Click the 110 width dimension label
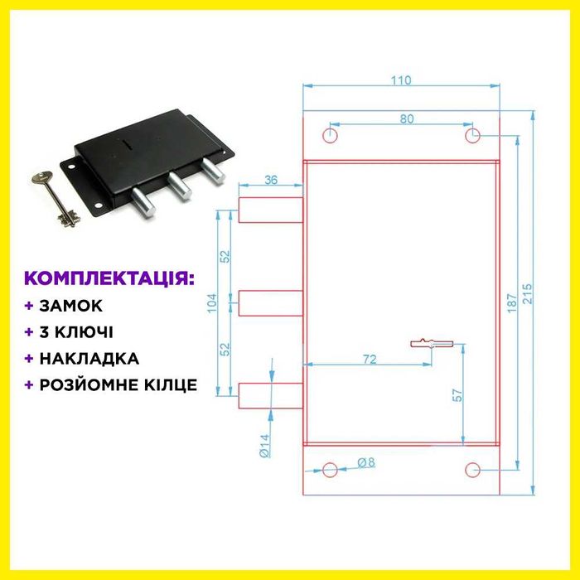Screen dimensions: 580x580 coord(401,80)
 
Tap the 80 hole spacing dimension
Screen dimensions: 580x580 coord(406,118)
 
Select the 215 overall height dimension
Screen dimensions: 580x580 coord(528,294)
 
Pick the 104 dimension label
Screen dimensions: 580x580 coord(211,303)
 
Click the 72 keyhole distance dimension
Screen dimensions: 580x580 coord(370,359)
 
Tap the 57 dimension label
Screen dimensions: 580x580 coord(457,396)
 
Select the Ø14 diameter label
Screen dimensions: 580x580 coord(264,446)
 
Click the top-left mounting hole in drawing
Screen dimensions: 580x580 coord(331,135)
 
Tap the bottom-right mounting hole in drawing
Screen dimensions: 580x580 coord(472,471)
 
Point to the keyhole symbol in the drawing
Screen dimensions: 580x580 coord(432,342)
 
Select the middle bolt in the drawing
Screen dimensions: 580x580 coord(269,302)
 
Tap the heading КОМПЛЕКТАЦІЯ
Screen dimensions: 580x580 coord(109,277)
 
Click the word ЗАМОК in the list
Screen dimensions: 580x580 coord(70,306)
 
